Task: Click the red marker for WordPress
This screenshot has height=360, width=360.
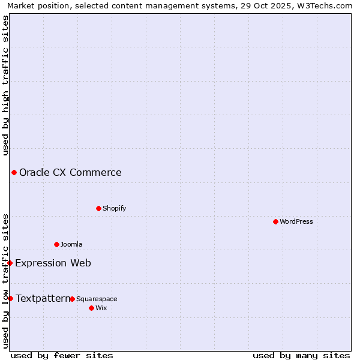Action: [x=275, y=221]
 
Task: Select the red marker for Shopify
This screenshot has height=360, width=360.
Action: [x=98, y=208]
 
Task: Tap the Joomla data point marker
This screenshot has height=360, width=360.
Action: [x=56, y=244]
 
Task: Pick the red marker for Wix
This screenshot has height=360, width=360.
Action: [x=91, y=308]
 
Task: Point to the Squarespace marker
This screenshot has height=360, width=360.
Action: [x=72, y=299]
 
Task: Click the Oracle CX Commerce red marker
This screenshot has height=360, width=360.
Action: [x=14, y=173]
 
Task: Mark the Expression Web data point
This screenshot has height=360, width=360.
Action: [x=10, y=263]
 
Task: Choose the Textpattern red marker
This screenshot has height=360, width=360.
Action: [x=10, y=298]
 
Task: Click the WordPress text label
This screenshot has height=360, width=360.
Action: [x=296, y=221]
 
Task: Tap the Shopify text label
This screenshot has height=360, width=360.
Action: [x=114, y=208]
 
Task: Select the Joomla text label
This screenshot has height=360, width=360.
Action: [x=71, y=244]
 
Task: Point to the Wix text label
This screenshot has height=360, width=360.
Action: [x=101, y=308]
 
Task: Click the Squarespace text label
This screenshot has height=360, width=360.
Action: [x=97, y=299]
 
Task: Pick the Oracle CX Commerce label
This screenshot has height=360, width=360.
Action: [x=70, y=173]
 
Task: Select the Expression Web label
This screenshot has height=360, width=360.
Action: [x=53, y=263]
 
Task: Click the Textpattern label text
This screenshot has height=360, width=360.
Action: [x=43, y=298]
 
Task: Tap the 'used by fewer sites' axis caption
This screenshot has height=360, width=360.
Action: [x=62, y=355]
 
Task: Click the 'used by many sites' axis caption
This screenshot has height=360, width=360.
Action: [x=301, y=355]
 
